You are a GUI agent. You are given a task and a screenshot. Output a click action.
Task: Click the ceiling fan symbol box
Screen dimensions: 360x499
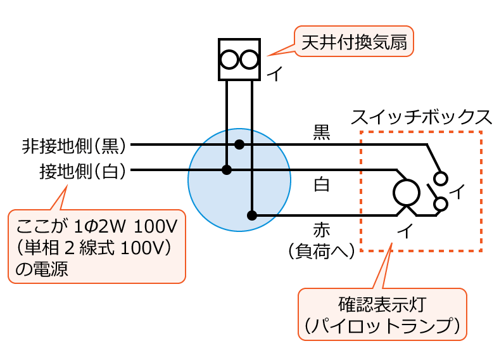tap(239, 60)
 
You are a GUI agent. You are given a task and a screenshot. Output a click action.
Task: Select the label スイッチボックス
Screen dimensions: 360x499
tap(420, 117)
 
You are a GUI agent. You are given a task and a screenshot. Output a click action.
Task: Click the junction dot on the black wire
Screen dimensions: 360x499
tap(239, 145)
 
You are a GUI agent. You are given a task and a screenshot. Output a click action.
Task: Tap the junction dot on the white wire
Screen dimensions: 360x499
tap(227, 170)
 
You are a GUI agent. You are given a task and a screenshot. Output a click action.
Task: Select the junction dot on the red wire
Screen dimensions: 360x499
tap(252, 215)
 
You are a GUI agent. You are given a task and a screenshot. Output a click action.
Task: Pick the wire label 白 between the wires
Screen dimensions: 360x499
tap(322, 186)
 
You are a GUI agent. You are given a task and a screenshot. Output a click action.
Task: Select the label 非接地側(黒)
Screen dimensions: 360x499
tap(75, 146)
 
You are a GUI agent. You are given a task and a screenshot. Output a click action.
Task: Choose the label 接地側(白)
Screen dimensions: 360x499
tap(82, 170)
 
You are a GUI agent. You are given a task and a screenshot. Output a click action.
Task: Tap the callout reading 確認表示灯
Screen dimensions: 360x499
tap(382, 314)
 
